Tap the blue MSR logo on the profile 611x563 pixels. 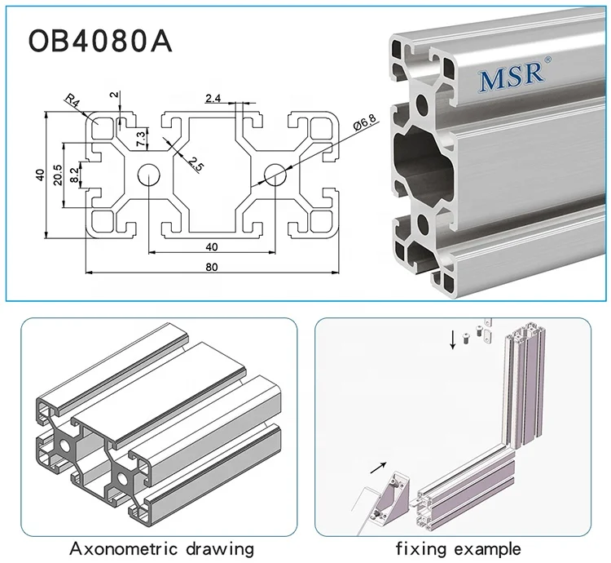click(x=511, y=78)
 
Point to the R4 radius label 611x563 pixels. click(x=74, y=102)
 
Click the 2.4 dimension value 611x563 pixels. click(x=213, y=100)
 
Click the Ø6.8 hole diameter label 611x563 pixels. click(x=364, y=126)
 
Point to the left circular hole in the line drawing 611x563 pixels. click(x=148, y=173)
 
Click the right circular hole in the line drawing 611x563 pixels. click(x=275, y=173)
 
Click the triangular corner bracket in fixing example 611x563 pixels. click(x=397, y=499)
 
